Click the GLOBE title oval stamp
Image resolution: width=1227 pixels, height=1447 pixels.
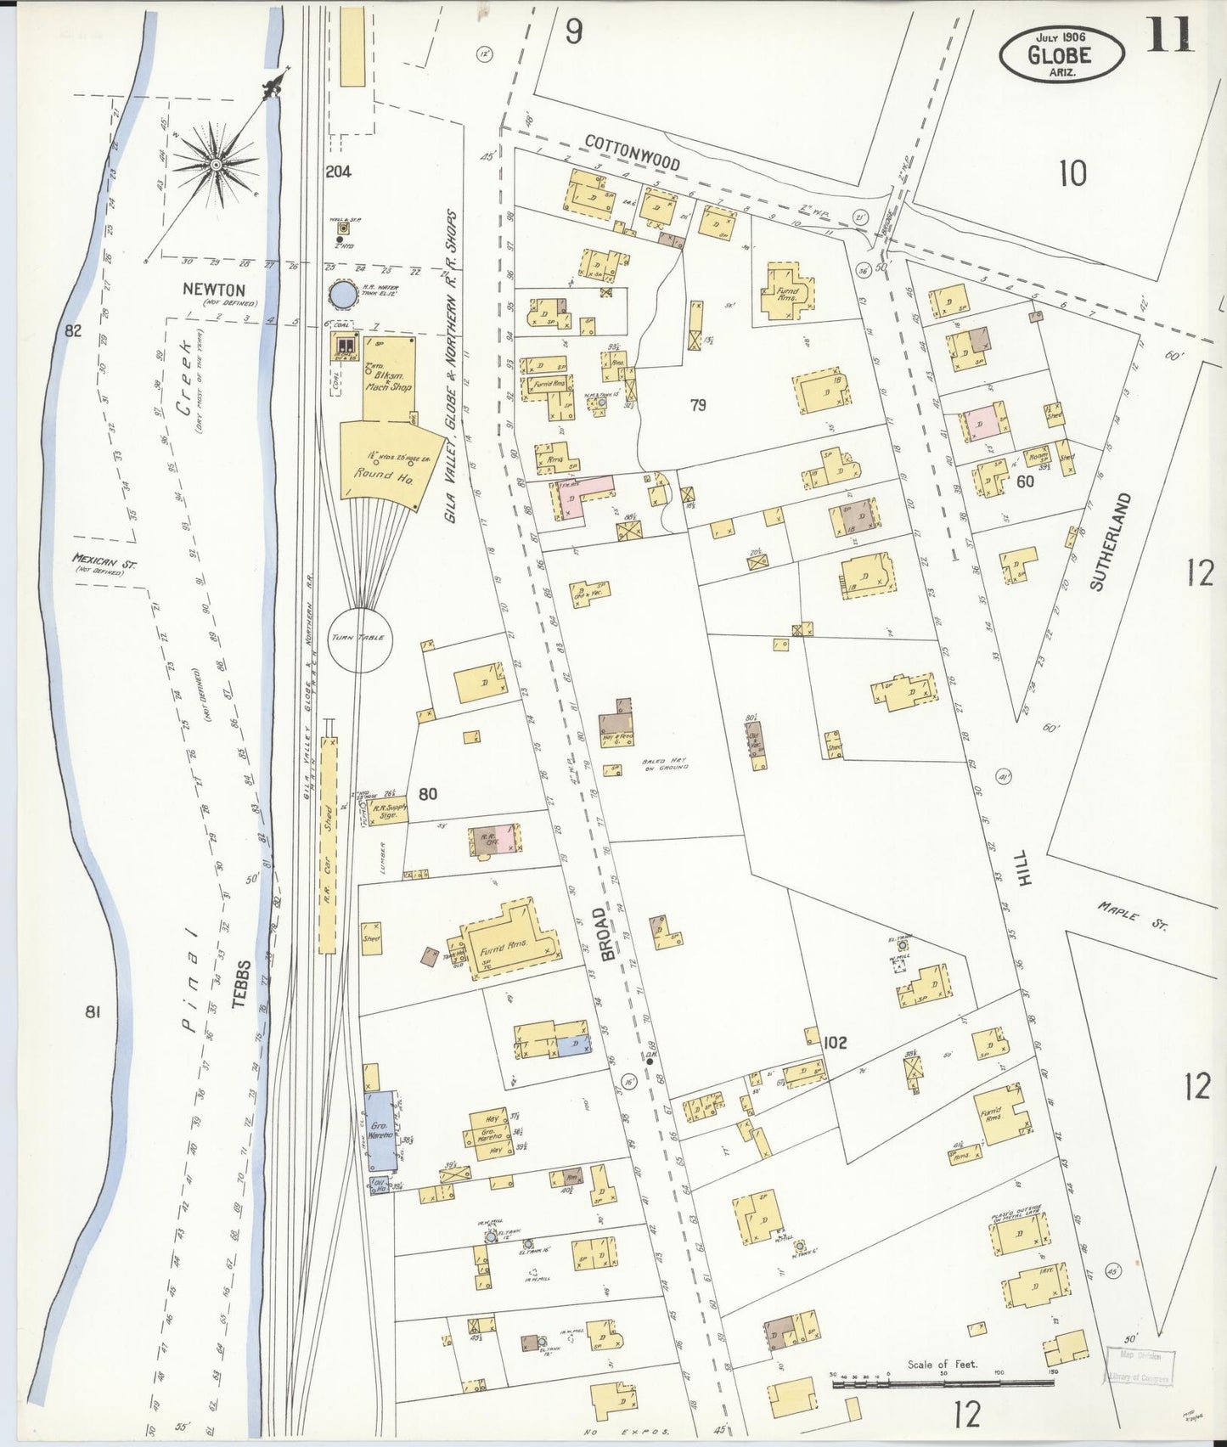coord(1061,54)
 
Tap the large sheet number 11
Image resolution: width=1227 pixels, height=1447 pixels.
coord(1169,36)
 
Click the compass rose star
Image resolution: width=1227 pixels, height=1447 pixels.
coord(216,163)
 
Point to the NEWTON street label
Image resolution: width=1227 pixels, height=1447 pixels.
coord(214,290)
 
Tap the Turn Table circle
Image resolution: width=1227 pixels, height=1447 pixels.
coord(360,639)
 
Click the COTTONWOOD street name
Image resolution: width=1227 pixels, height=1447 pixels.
coord(633,153)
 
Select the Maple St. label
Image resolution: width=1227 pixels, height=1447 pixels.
coord(1132,916)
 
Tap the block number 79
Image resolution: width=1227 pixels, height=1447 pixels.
coord(698,405)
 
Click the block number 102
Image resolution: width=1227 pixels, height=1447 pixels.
coord(836,1042)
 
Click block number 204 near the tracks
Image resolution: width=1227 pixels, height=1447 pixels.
coord(338,172)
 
